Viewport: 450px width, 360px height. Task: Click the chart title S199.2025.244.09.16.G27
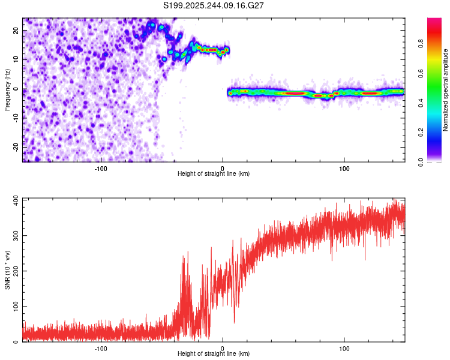point(214,5)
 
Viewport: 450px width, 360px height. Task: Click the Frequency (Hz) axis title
point(7,90)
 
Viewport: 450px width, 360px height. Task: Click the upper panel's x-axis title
point(214,173)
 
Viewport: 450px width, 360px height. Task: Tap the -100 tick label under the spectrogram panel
point(100,168)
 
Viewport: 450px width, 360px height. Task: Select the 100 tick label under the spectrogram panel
point(344,168)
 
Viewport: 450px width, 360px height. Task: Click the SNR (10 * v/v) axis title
point(7,269)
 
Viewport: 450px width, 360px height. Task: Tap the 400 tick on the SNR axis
point(15,199)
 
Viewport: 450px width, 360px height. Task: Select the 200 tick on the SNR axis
point(15,271)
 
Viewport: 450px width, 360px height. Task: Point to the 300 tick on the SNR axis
point(15,235)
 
